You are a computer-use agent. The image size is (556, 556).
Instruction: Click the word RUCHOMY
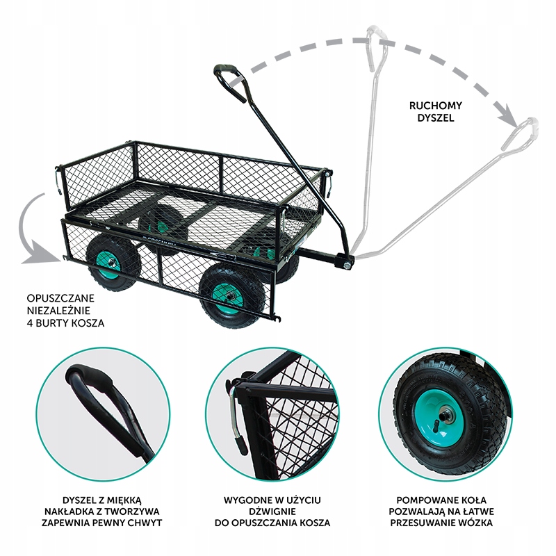[436, 106]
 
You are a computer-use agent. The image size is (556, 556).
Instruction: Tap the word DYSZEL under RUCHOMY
[436, 118]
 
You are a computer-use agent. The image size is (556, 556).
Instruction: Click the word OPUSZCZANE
[60, 298]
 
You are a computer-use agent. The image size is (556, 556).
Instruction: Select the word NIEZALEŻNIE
[58, 310]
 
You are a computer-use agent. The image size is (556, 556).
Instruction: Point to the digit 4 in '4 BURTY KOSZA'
[30, 323]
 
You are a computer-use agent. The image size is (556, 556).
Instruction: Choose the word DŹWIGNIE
[272, 512]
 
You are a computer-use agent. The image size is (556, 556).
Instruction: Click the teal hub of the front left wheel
[111, 263]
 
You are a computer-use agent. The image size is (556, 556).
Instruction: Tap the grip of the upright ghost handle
[377, 35]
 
